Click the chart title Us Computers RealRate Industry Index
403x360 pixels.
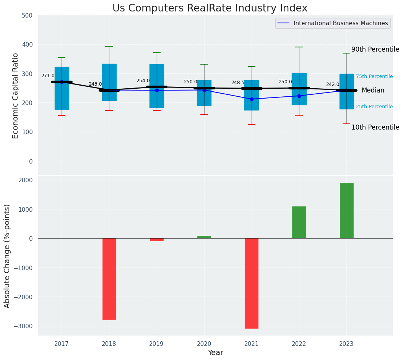tap(210, 8)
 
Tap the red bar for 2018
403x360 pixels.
tap(109, 279)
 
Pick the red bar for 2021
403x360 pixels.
tap(252, 283)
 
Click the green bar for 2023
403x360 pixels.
tap(346, 211)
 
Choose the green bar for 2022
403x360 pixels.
tap(299, 222)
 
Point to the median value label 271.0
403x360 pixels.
tap(48, 76)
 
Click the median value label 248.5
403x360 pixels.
tap(238, 83)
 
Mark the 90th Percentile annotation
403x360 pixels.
tap(375, 50)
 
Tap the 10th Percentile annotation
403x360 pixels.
tap(375, 128)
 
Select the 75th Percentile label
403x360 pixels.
tap(374, 77)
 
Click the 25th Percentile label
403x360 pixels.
tap(374, 107)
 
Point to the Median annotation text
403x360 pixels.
tap(373, 91)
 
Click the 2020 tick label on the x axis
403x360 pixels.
tap(204, 344)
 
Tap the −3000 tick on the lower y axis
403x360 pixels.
tap(25, 326)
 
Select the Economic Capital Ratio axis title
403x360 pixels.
tap(16, 96)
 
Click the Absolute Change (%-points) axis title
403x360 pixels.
tap(7, 256)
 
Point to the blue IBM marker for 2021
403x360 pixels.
tap(252, 99)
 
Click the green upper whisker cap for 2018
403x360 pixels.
tap(109, 46)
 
